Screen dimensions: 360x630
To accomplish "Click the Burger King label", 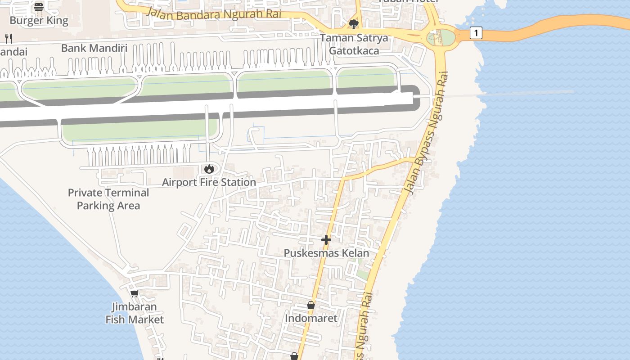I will pos(39,20).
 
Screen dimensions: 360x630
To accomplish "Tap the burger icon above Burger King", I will pos(39,7).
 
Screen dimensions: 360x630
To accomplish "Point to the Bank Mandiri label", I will pos(94,48).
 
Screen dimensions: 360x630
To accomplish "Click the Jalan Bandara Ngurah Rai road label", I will pos(213,14).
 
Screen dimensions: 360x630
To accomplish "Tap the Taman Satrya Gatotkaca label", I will pos(354,44).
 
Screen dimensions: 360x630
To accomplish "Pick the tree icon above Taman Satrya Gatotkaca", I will pos(354,24).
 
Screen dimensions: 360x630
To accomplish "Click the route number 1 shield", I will pos(476,33).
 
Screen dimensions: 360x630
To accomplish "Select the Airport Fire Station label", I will pos(209,182).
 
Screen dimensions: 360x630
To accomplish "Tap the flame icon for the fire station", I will pos(209,169).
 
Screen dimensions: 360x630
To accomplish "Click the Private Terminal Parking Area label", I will pos(108,199).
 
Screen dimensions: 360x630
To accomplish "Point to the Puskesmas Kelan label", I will pos(326,253).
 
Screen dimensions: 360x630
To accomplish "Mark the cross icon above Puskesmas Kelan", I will pos(326,240).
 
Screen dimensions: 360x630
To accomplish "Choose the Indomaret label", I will pos(311,318).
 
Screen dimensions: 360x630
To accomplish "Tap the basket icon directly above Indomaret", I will pos(311,305).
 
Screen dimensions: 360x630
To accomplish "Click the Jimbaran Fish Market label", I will pos(135,313).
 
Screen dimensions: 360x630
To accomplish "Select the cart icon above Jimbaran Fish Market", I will pos(134,294).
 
